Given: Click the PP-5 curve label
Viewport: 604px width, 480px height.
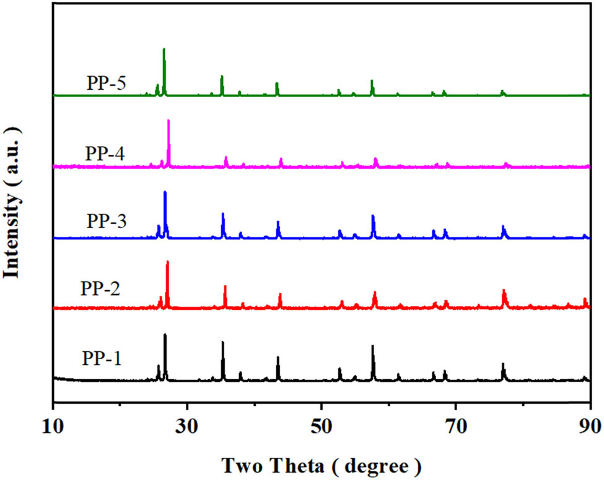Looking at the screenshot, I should (x=107, y=82).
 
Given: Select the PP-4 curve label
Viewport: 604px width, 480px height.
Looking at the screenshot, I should (x=107, y=152).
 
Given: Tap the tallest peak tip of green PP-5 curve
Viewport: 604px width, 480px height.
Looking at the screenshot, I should (x=164, y=48).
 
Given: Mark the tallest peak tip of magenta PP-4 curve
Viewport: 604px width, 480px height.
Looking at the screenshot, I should (x=169, y=120).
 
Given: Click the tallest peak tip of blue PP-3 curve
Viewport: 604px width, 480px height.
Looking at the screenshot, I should (x=165, y=191).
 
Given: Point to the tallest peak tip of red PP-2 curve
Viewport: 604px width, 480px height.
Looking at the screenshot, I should (x=167, y=261).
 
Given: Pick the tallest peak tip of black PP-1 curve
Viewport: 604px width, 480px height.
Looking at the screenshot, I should (x=165, y=334).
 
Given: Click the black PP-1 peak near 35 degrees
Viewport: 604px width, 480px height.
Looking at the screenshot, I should (x=222, y=341).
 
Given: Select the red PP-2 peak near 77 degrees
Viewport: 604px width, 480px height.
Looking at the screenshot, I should (x=504, y=290).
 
